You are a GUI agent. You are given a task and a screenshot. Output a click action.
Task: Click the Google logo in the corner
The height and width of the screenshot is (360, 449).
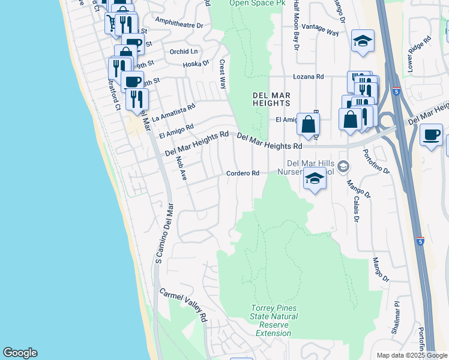tap(20, 353)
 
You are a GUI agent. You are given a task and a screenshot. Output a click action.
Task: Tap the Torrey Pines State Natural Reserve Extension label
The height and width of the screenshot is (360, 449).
tap(274, 320)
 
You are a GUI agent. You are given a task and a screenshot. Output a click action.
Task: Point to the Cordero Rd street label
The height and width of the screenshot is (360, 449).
tap(243, 173)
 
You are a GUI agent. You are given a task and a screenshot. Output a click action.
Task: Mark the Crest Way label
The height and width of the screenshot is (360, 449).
tap(223, 73)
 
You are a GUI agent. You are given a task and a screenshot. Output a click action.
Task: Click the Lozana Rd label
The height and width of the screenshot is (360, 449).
tap(308, 77)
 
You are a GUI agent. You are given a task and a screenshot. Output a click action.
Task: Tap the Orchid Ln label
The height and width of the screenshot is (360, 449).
tap(184, 52)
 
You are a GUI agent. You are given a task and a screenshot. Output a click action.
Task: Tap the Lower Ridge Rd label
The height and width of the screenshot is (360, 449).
tap(419, 55)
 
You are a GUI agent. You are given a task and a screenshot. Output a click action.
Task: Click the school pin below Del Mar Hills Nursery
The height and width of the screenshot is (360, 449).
tap(315, 178)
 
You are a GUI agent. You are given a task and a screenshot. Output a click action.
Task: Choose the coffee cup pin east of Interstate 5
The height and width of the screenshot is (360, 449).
tap(431, 135)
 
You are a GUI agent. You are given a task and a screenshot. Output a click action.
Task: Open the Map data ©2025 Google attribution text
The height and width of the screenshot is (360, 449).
tap(411, 355)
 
